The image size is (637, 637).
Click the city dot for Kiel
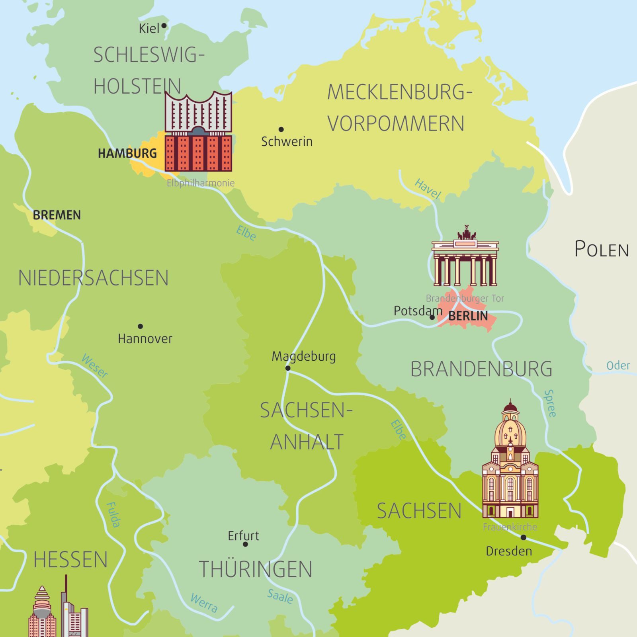click(x=164, y=26)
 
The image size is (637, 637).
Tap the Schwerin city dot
click(x=281, y=129)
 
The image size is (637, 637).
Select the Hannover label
click(x=145, y=339)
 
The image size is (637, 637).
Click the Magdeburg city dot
click(x=288, y=368)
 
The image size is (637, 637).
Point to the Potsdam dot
click(x=432, y=317)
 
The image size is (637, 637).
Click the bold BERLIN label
click(x=468, y=316)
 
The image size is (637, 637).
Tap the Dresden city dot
click(x=524, y=537)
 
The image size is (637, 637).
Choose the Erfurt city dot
click(x=245, y=544)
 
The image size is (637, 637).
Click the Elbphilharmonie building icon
click(x=198, y=131)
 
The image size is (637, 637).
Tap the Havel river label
click(x=428, y=189)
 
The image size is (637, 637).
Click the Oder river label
click(x=618, y=365)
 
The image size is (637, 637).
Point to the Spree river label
click(x=550, y=403)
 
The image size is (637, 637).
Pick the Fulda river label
click(x=113, y=514)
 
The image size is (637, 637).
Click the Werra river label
click(x=204, y=603)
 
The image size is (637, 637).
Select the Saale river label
click(x=280, y=596)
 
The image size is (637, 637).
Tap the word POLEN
click(x=601, y=250)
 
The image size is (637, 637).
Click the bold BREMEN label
click(x=57, y=215)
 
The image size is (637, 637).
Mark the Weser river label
click(x=94, y=365)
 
